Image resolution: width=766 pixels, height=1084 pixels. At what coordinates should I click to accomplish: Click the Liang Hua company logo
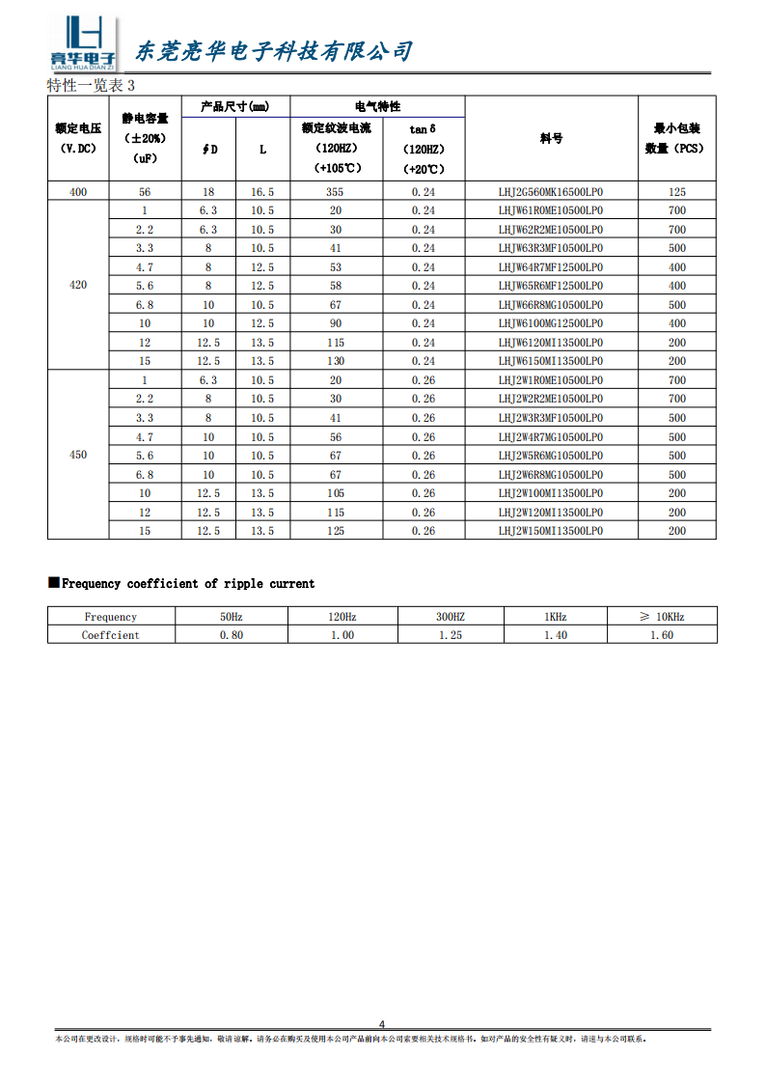[x=83, y=44]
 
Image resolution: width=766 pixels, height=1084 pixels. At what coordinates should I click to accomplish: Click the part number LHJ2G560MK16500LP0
[x=551, y=192]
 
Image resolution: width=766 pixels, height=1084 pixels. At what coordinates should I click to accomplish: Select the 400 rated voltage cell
[x=78, y=192]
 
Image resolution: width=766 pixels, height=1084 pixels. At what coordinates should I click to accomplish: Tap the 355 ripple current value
[x=336, y=192]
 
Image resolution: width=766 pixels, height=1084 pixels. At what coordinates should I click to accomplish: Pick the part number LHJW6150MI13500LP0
[x=551, y=361]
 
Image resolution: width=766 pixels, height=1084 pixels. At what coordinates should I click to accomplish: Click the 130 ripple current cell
[x=336, y=361]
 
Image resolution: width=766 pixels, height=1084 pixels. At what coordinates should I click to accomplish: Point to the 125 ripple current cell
[x=336, y=531]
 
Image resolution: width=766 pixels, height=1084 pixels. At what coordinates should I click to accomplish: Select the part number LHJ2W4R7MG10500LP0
[x=551, y=437]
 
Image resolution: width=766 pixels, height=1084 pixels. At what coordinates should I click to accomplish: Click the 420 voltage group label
[x=78, y=286]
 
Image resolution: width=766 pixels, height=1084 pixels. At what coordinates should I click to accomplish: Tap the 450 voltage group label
[x=78, y=456]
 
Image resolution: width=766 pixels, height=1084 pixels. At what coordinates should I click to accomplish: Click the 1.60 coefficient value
[x=661, y=635]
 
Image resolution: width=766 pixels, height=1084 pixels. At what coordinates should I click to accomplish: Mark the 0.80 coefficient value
[x=232, y=635]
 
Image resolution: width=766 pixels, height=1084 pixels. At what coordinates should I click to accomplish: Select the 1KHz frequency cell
[x=555, y=617]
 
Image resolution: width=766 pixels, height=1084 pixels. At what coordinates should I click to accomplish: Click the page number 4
[x=382, y=1024]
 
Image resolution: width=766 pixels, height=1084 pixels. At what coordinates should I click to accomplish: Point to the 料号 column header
[x=551, y=139]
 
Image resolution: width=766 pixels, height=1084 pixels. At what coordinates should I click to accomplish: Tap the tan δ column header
[x=423, y=128]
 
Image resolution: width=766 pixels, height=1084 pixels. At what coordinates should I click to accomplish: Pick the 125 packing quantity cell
[x=677, y=192]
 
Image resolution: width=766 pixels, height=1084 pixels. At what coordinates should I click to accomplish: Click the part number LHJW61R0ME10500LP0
[x=551, y=210]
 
